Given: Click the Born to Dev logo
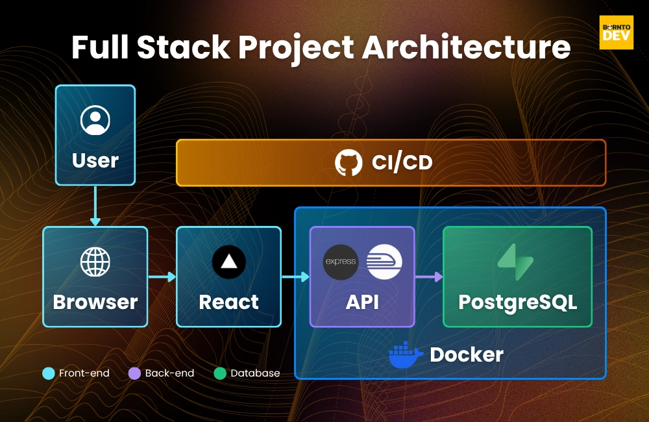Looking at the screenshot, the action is pyautogui.click(x=617, y=32).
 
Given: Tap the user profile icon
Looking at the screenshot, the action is pyautogui.click(x=95, y=120).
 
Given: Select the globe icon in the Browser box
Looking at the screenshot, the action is pyautogui.click(x=95, y=262).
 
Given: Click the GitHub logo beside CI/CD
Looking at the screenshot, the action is pyautogui.click(x=349, y=162).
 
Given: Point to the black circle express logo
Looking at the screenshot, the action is pyautogui.click(x=341, y=262).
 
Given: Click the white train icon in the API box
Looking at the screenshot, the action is pyautogui.click(x=384, y=262).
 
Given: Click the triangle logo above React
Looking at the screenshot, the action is pyautogui.click(x=229, y=262).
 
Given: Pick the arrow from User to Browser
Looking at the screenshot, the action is pyautogui.click(x=95, y=206).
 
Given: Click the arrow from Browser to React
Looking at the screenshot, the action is pyautogui.click(x=162, y=277).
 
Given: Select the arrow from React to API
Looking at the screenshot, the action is pyautogui.click(x=295, y=277).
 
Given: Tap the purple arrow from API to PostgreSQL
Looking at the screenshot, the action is pyautogui.click(x=429, y=277).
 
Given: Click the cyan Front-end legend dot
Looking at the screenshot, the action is pyautogui.click(x=49, y=373).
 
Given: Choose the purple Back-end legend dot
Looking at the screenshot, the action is pyautogui.click(x=134, y=373).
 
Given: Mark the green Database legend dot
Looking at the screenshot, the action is pyautogui.click(x=220, y=373).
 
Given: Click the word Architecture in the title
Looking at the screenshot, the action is pyautogui.click(x=467, y=47).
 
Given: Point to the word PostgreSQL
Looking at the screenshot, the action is pyautogui.click(x=517, y=303).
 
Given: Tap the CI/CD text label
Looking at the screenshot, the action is pyautogui.click(x=402, y=163).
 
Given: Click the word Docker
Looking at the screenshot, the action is pyautogui.click(x=467, y=355).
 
